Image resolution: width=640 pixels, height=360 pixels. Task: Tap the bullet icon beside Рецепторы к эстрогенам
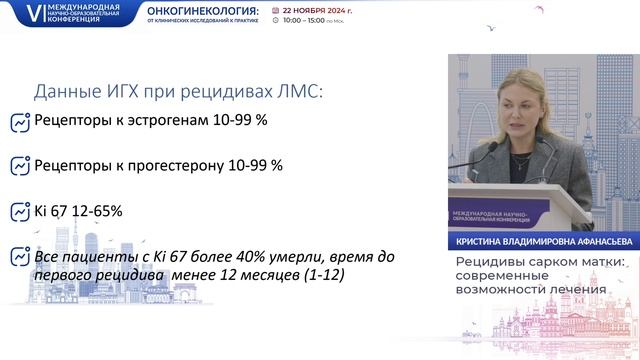19,123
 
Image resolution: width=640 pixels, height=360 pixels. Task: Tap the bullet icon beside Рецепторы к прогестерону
19,166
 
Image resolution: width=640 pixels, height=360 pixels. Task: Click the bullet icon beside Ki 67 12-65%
19,212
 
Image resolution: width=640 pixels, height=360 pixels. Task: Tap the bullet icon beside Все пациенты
19,258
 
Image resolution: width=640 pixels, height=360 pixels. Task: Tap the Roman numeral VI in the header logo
12,12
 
